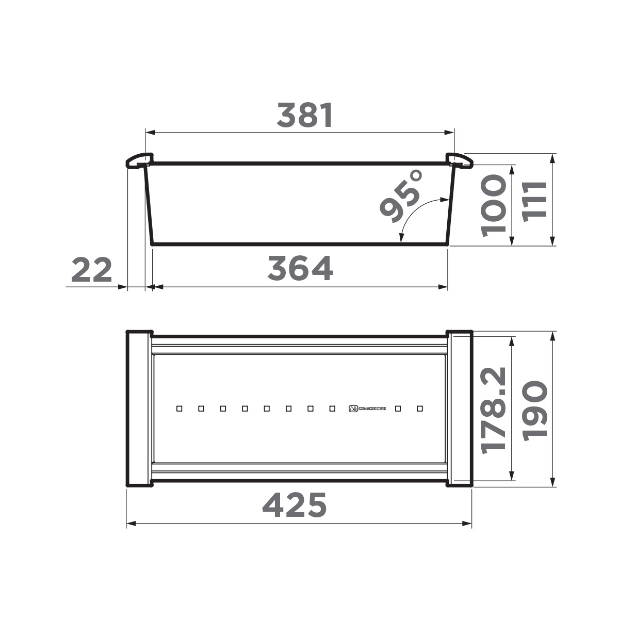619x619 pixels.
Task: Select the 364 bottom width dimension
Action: (x=300, y=269)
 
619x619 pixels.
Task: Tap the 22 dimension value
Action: (x=91, y=270)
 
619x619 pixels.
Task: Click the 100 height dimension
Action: (x=492, y=205)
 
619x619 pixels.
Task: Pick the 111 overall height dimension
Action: (x=533, y=201)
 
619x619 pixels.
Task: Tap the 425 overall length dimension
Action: (x=295, y=505)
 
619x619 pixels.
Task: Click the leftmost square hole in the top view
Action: (x=179, y=409)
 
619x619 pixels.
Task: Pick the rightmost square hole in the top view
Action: (x=419, y=409)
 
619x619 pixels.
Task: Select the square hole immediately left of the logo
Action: (x=332, y=409)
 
